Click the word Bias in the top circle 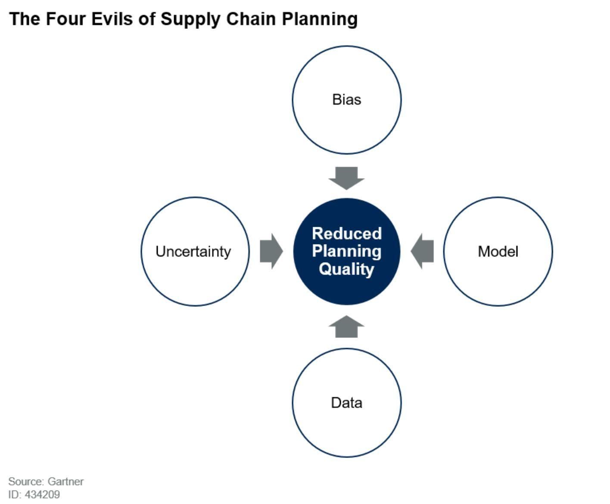click(346, 99)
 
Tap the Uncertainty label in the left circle click(193, 252)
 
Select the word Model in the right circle click(498, 251)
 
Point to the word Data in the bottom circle click(346, 403)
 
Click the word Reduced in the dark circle click(347, 233)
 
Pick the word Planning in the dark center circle click(347, 251)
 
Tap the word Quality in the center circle click(346, 269)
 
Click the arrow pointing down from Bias click(346, 178)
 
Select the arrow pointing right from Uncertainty click(271, 251)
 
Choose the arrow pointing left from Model click(422, 251)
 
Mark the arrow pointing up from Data click(346, 326)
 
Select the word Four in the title click(65, 19)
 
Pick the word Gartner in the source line click(65, 482)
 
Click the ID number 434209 click(42, 495)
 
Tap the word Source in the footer click(26, 482)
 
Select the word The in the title click(25, 19)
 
